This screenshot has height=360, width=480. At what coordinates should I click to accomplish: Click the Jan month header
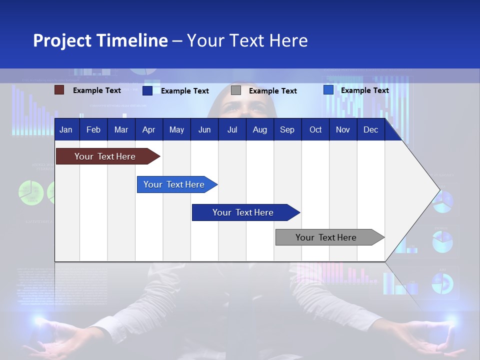pos(66,129)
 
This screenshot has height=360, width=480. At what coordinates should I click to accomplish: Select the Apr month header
pos(148,129)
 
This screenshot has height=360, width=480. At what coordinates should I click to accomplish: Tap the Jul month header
pos(232,129)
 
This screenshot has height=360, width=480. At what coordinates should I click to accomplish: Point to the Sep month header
pos(287,129)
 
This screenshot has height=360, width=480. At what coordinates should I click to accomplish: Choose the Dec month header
pos(370,129)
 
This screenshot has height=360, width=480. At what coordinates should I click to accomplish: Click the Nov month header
pos(342,129)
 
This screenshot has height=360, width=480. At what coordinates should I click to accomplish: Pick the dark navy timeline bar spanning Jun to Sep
pos(243,212)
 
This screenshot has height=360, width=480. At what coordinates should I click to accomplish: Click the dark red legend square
pos(59,90)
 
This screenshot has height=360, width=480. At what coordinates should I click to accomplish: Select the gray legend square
pos(236,90)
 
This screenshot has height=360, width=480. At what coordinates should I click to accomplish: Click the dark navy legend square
pos(147,90)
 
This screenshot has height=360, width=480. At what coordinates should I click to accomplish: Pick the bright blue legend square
pos(328,90)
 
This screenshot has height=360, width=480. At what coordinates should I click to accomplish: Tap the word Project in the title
pos(62,40)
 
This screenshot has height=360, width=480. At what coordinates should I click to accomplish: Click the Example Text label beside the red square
pos(96,90)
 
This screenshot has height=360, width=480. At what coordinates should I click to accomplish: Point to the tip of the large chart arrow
pos(438,189)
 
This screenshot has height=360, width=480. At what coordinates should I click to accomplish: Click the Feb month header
pos(93,129)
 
